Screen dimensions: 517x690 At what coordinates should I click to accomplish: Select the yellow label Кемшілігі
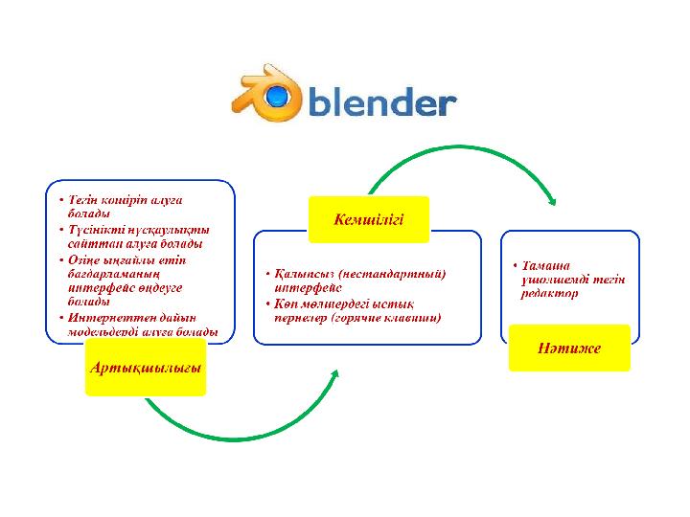click(368, 220)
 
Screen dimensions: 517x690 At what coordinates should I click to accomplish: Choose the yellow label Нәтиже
click(569, 348)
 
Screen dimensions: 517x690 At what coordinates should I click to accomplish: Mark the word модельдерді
click(105, 332)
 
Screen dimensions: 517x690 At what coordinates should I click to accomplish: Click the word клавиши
click(409, 318)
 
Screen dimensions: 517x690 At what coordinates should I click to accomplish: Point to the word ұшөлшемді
click(554, 280)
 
